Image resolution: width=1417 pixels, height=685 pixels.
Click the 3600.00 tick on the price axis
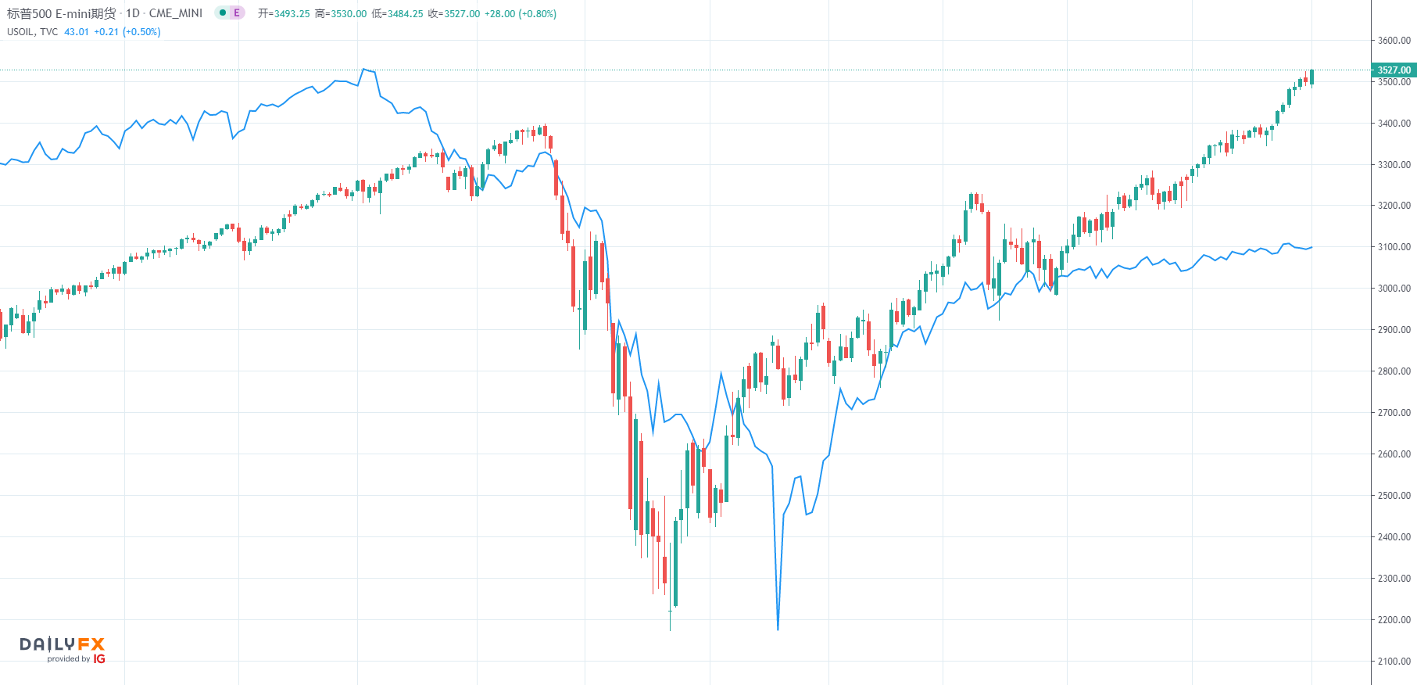(x=1394, y=41)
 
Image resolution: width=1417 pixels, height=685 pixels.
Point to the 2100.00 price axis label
(x=1394, y=662)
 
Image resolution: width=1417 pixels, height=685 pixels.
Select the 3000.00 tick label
(x=1394, y=289)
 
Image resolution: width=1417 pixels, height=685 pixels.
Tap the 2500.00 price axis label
(x=1394, y=496)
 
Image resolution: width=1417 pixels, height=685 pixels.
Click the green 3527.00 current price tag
(x=1394, y=70)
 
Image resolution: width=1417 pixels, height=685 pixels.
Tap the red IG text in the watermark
(x=99, y=659)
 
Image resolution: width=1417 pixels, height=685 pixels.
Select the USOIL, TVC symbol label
(x=32, y=32)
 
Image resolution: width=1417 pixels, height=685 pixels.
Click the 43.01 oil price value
(x=77, y=32)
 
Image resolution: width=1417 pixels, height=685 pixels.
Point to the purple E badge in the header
(x=237, y=13)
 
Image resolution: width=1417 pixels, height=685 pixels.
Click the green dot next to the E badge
(x=223, y=13)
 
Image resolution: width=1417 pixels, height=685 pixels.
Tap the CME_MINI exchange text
(x=176, y=13)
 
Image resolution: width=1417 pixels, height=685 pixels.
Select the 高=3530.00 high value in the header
(x=341, y=14)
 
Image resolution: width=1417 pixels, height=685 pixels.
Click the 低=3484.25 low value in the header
(x=398, y=14)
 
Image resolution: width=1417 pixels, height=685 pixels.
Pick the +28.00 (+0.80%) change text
(x=521, y=14)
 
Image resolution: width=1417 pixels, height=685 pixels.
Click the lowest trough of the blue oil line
(x=778, y=629)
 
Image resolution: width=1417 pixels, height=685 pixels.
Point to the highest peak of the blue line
(x=363, y=70)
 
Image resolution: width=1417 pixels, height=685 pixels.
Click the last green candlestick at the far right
(x=1311, y=77)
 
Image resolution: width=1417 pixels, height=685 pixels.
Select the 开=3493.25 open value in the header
(x=284, y=14)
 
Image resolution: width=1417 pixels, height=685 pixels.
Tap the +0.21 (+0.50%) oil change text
(x=127, y=32)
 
